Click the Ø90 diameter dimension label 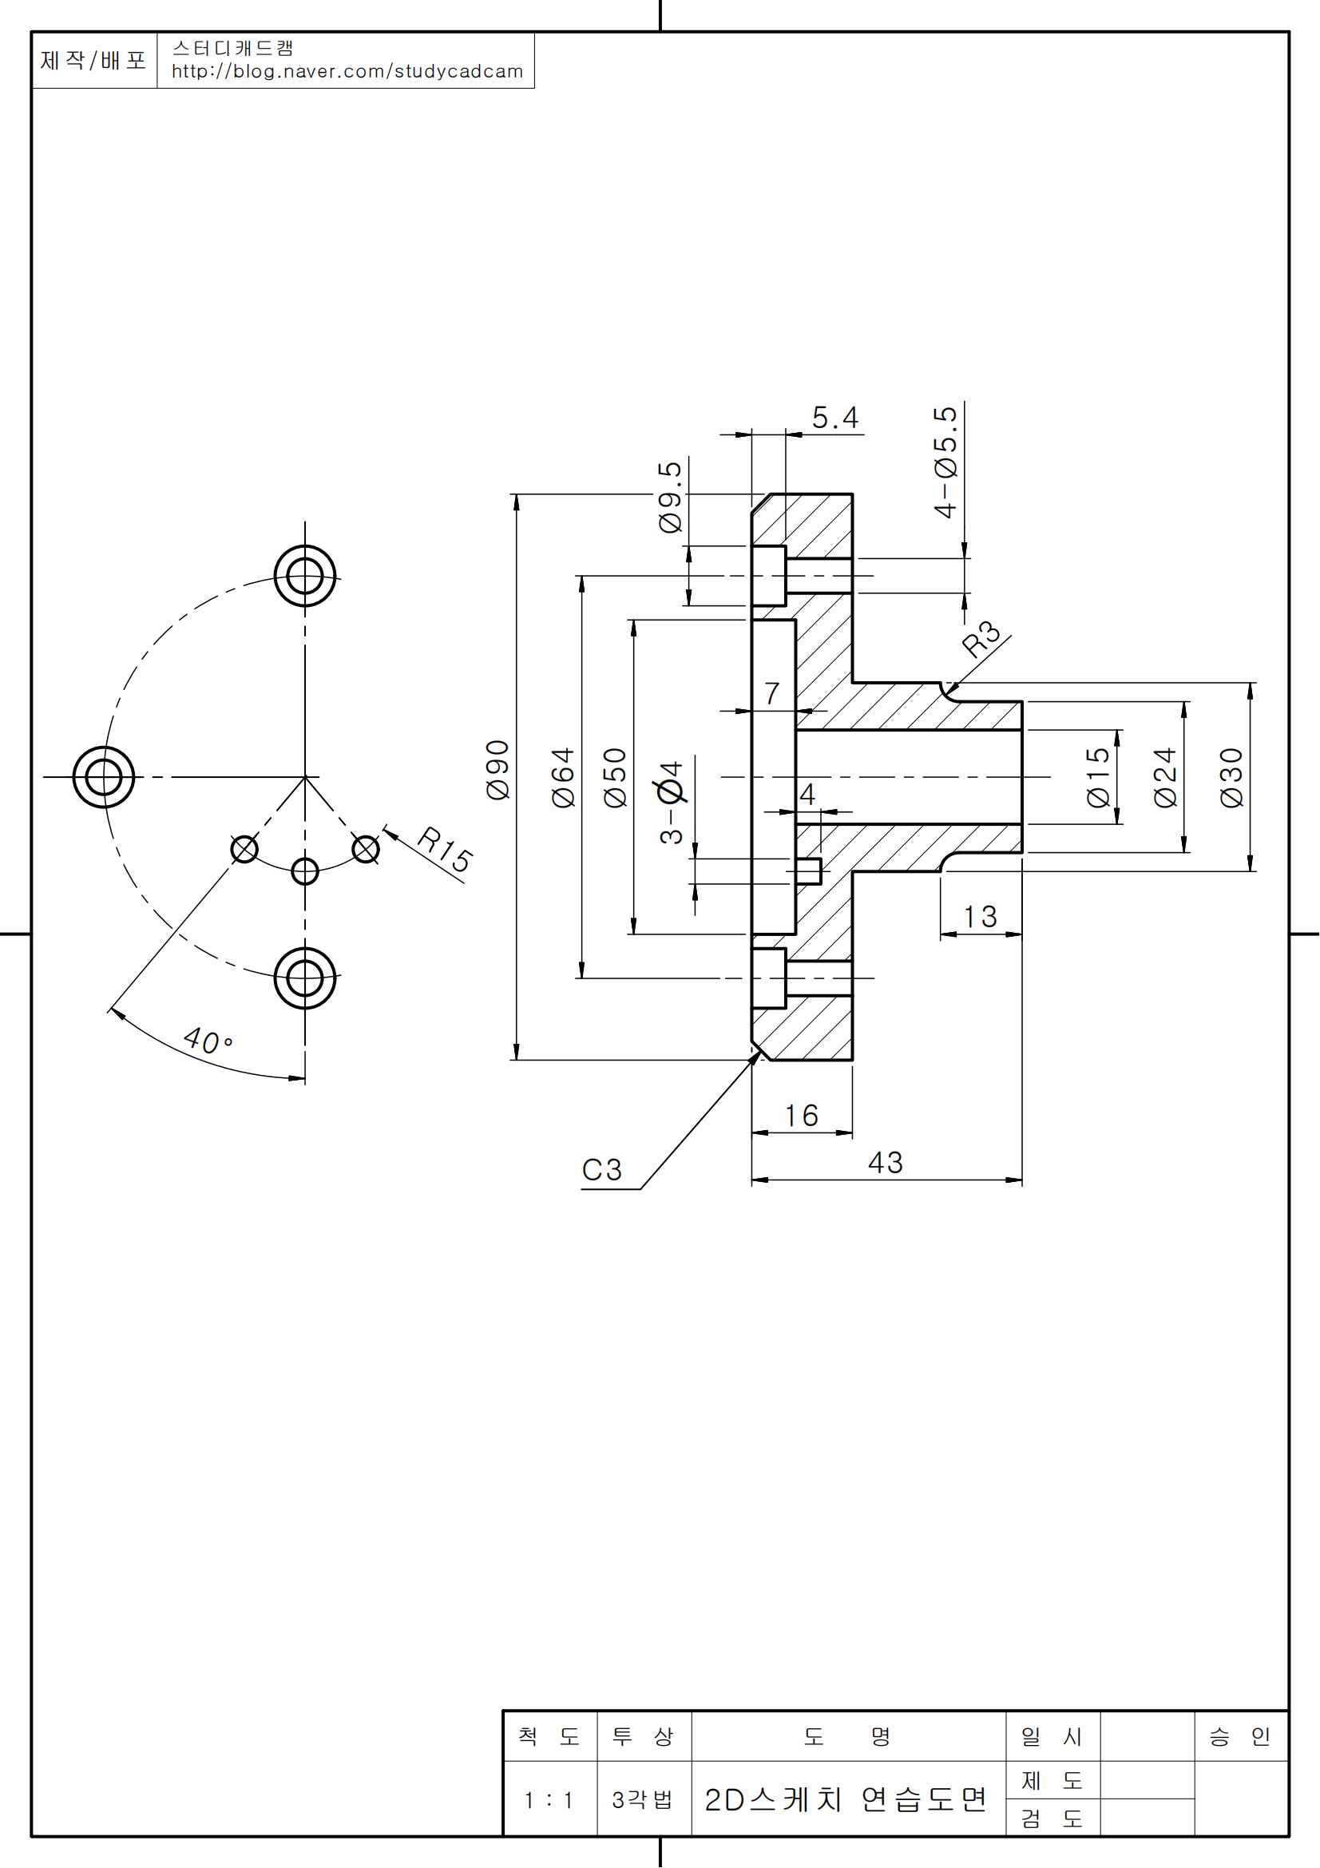pyautogui.click(x=497, y=770)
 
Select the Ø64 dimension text pyautogui.click(x=564, y=777)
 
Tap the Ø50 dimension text pyautogui.click(x=616, y=777)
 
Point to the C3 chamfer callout pyautogui.click(x=602, y=1170)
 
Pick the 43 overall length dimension pyautogui.click(x=885, y=1163)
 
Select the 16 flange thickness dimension pyautogui.click(x=801, y=1116)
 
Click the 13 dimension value pyautogui.click(x=980, y=917)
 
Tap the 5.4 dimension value pyautogui.click(x=835, y=418)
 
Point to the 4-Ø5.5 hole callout pyautogui.click(x=945, y=462)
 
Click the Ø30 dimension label pyautogui.click(x=1232, y=777)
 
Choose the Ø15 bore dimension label pyautogui.click(x=1099, y=777)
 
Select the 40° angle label pyautogui.click(x=208, y=1041)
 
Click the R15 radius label pyautogui.click(x=444, y=850)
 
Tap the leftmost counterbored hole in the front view pyautogui.click(x=103, y=777)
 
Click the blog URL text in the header pyautogui.click(x=347, y=72)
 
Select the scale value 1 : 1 pyautogui.click(x=549, y=1800)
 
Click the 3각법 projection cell pyautogui.click(x=643, y=1800)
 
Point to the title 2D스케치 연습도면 pyautogui.click(x=846, y=1800)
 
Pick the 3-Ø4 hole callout pyautogui.click(x=672, y=802)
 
